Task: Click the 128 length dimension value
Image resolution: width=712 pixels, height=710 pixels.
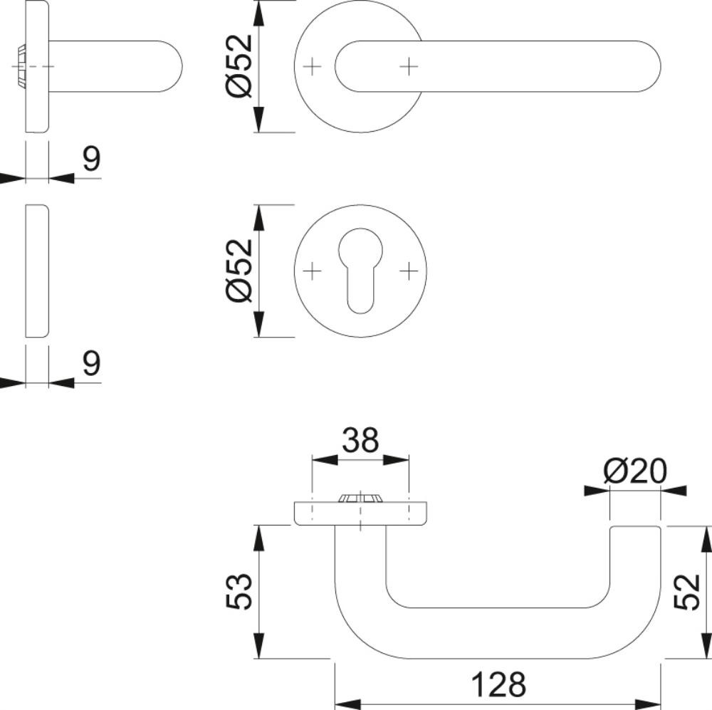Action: pyautogui.click(x=498, y=684)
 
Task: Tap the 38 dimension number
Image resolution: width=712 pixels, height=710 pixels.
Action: pyautogui.click(x=360, y=439)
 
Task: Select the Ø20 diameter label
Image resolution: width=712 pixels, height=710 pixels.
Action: pyautogui.click(x=635, y=471)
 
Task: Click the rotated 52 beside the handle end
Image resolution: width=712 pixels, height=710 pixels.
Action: pyautogui.click(x=686, y=592)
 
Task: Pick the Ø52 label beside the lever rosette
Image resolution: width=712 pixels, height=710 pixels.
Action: pyautogui.click(x=239, y=66)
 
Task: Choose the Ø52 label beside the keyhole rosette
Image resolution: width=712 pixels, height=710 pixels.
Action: pyautogui.click(x=239, y=271)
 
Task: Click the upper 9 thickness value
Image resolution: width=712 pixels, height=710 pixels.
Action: pyautogui.click(x=91, y=159)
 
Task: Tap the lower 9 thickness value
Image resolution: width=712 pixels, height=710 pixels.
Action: pyautogui.click(x=91, y=363)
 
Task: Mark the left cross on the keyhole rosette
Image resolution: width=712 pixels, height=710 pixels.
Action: pyautogui.click(x=312, y=271)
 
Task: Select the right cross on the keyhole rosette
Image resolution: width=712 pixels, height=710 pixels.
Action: pyautogui.click(x=409, y=271)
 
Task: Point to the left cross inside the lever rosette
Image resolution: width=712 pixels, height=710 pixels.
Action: pyautogui.click(x=312, y=67)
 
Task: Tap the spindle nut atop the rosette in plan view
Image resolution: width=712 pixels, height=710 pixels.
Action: pyautogui.click(x=360, y=498)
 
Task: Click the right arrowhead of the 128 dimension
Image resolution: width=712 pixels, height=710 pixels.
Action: pyautogui.click(x=647, y=704)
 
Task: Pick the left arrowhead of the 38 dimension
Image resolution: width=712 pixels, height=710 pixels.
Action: pyautogui.click(x=325, y=460)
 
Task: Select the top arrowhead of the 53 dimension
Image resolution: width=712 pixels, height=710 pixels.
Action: pyautogui.click(x=258, y=539)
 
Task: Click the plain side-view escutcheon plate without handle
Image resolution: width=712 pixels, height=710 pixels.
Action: pyautogui.click(x=37, y=271)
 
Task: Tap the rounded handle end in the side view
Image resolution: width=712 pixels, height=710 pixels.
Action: pyautogui.click(x=170, y=67)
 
